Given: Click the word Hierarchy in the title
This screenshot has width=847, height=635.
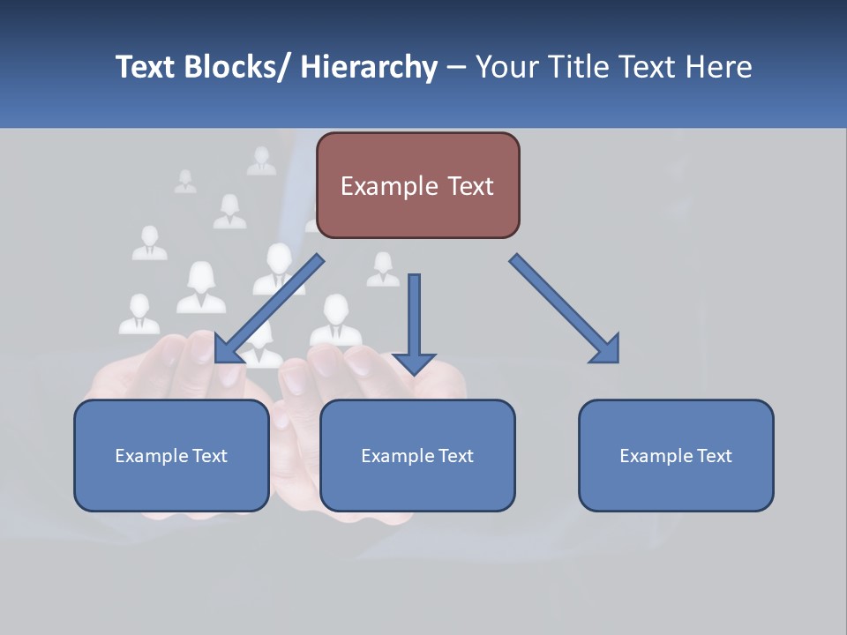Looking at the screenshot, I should pyautogui.click(x=369, y=67).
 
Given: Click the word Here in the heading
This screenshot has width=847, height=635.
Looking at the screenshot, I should pyautogui.click(x=718, y=67).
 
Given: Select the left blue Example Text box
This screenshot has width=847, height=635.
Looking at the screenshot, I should pyautogui.click(x=171, y=455).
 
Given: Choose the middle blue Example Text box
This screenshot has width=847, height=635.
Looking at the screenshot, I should pyautogui.click(x=417, y=455).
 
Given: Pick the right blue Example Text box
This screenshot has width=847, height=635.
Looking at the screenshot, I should pyautogui.click(x=676, y=455).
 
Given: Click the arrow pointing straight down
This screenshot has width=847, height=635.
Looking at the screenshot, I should pyautogui.click(x=414, y=317).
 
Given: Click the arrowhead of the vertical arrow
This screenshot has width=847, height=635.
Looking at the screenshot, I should pyautogui.click(x=414, y=362).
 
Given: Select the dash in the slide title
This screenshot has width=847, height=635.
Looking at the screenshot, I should pyautogui.click(x=456, y=67).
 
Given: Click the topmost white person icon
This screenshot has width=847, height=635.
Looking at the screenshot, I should pyautogui.click(x=261, y=161).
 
